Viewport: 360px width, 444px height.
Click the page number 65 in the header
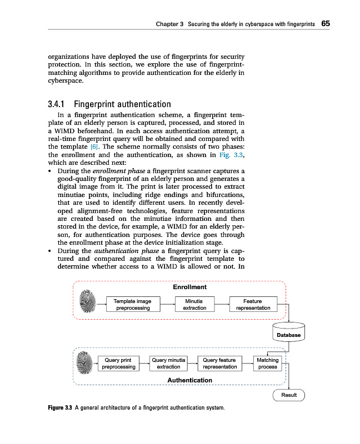click(326, 24)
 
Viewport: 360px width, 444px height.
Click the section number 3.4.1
click(59, 104)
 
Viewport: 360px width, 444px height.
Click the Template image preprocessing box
click(132, 304)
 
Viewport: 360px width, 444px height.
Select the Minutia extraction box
click(194, 304)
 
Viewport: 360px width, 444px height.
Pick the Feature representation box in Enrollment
click(253, 304)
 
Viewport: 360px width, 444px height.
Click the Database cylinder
click(289, 332)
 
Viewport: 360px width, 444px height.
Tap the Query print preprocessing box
click(118, 364)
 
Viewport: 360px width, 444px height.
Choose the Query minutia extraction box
click(168, 364)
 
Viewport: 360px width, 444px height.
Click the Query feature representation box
click(220, 364)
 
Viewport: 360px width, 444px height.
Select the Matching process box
click(268, 364)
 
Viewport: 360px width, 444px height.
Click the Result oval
click(289, 395)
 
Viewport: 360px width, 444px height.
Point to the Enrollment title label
click(189, 287)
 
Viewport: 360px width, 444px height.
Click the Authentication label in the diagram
click(189, 380)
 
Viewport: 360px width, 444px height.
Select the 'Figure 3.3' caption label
click(61, 408)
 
